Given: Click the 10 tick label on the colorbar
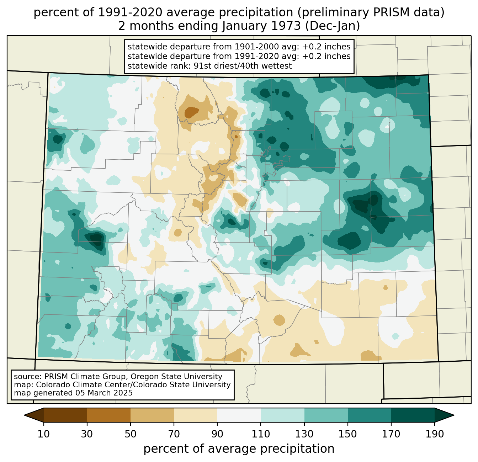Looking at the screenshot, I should coord(44,434).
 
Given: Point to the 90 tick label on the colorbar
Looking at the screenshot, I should coord(217,434).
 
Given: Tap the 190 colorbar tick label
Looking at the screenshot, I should coord(435,434).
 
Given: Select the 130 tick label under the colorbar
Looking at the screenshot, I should coord(304,434).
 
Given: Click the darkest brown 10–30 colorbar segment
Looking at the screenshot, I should coord(65,415).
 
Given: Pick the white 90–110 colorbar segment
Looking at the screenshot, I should coord(239,415).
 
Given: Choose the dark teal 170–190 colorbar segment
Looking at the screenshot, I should coord(413,415).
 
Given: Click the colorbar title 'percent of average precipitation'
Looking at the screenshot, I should coord(239,449).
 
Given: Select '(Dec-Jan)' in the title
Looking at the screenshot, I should coord(332,26).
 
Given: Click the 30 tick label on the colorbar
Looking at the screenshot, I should coord(87,434).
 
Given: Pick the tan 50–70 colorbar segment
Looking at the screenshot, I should coord(152,415).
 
